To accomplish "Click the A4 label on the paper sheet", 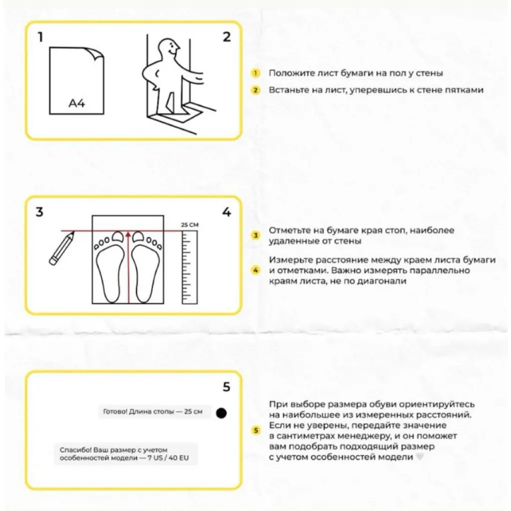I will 77,104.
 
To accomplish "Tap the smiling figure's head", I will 167,50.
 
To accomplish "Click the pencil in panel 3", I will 62,248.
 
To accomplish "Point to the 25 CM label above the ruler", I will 190,225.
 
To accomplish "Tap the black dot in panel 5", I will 222,413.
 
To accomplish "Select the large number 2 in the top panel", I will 227,37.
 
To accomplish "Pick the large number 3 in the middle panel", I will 39,212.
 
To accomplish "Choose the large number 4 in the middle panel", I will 227,212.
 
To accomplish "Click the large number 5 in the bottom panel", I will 227,387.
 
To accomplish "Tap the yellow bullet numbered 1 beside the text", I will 256,73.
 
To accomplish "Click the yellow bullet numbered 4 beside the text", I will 256,270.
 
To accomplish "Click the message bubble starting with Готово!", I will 153,412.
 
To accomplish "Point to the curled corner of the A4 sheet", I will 98,53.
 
